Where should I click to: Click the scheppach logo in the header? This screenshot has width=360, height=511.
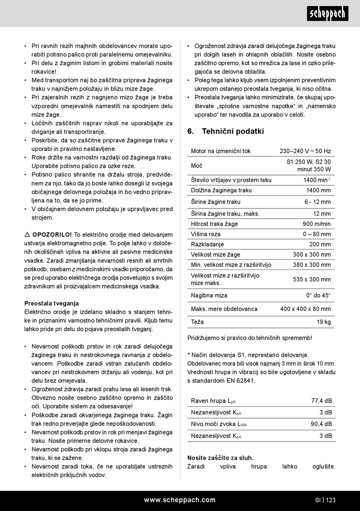point(327,14)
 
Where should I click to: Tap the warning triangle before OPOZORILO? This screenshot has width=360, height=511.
point(27,235)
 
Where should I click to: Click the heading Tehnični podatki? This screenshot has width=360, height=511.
point(233,131)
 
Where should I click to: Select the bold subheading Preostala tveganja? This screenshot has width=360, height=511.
point(52,303)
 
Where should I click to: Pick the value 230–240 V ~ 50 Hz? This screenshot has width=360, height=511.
point(305,151)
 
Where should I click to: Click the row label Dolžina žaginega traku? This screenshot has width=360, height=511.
point(221,190)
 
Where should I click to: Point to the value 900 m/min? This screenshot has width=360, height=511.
point(316,224)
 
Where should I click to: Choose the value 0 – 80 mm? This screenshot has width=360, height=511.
point(316,234)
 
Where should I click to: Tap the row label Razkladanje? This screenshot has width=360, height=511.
point(207,245)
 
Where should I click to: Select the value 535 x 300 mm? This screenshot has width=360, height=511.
point(311,279)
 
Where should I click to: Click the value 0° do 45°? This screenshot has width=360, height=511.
point(318,295)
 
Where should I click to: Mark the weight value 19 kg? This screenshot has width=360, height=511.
point(324,322)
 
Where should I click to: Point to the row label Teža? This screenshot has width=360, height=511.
point(197,322)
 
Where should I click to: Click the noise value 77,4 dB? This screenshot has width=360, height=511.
point(321,401)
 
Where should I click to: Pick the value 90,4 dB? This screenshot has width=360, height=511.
point(321,424)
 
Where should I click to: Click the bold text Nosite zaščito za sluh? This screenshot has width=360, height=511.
point(220,458)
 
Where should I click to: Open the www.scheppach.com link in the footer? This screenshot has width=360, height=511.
point(180,500)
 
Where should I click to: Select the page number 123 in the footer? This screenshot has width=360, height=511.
point(331,500)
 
